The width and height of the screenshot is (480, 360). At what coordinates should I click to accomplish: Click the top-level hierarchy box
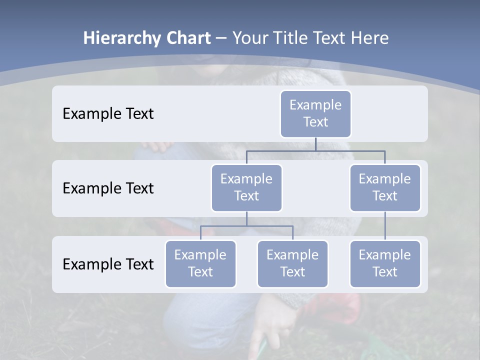click(315, 113)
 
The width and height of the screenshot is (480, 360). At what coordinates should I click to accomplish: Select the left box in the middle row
click(246, 187)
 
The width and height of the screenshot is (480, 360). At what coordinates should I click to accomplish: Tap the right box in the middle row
click(385, 187)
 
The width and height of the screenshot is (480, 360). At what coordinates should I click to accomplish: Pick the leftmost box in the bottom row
click(200, 263)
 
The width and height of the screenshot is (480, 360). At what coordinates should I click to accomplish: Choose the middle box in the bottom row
click(292, 263)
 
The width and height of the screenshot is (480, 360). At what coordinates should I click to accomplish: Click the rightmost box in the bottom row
click(385, 263)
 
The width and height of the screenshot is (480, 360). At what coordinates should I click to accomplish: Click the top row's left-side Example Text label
click(108, 114)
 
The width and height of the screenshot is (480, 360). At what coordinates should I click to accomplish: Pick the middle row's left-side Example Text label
click(108, 188)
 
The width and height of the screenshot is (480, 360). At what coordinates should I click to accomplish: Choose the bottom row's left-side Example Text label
click(108, 264)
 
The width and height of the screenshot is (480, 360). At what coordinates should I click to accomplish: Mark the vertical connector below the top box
click(315, 144)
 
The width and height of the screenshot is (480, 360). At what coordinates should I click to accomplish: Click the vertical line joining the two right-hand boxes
click(385, 225)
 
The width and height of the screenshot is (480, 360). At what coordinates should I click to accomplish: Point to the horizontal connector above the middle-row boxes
click(315, 150)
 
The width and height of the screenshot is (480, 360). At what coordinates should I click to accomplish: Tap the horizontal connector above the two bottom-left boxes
click(246, 226)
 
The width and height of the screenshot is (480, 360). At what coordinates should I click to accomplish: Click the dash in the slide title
click(221, 38)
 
